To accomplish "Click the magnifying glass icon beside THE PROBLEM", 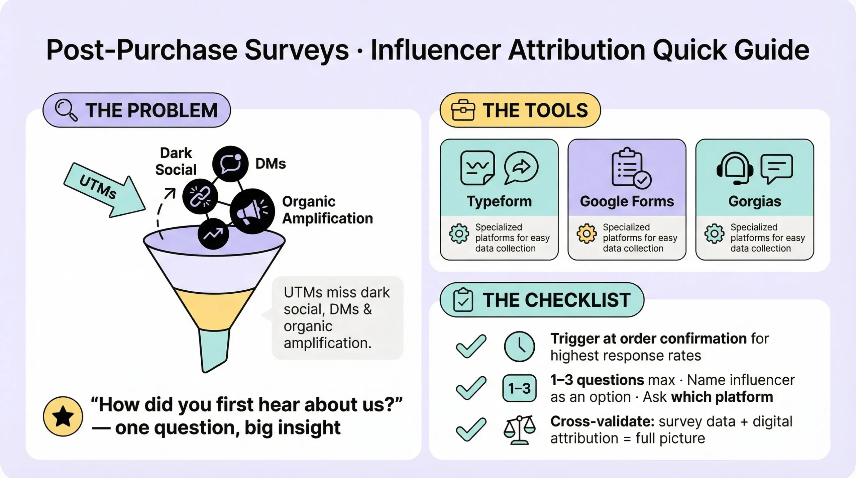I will pos(66,110).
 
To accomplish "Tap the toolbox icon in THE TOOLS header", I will pos(463,110).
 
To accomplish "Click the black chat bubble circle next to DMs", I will pos(230,164).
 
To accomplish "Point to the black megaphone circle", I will pos(252,211).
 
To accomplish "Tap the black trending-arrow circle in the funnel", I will pos(213,234).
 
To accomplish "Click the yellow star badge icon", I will pos(63,416).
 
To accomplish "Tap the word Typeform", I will pos(499,201).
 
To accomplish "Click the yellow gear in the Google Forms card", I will pos(586,233).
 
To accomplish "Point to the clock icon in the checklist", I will pos(519,347).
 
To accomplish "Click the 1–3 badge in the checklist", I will pos(519,388).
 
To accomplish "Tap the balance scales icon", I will pos(519,430).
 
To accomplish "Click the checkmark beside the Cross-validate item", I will pos(471,429).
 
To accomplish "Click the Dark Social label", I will pos(176,161).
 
